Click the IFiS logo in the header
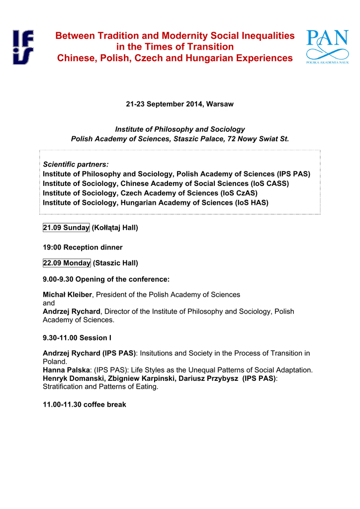click(x=24, y=47)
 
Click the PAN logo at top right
click(x=327, y=48)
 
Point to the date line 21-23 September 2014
click(x=180, y=104)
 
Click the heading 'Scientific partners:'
click(x=76, y=165)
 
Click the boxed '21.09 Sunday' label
click(x=66, y=228)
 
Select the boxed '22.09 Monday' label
click(x=67, y=263)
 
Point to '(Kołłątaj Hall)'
click(x=115, y=228)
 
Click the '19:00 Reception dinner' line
click(x=83, y=247)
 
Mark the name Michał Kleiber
click(x=67, y=295)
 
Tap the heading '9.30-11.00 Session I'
click(x=77, y=338)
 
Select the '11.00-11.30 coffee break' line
click(x=85, y=405)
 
